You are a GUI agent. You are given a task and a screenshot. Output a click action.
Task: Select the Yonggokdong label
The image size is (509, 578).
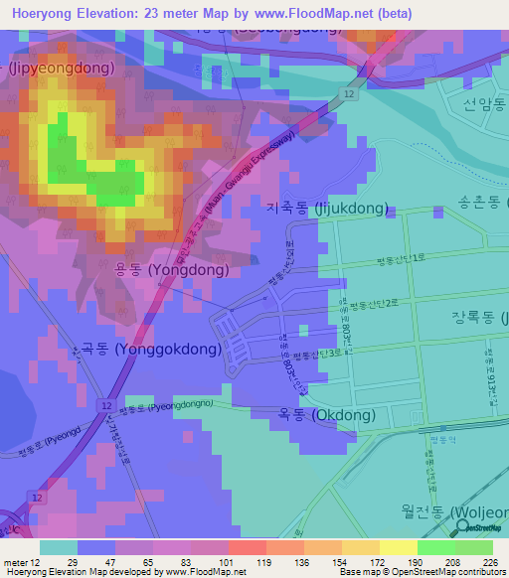pyautogui.click(x=138, y=349)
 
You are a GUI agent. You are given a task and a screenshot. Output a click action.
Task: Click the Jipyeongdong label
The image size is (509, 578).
pyautogui.click(x=60, y=69)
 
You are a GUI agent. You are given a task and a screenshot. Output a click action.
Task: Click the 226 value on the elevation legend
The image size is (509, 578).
pyautogui.click(x=489, y=561)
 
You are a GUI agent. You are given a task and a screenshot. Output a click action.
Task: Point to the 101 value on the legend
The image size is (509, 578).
pyautogui.click(x=209, y=561)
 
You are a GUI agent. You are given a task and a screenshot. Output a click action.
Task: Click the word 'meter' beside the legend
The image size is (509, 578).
pyautogui.click(x=17, y=561)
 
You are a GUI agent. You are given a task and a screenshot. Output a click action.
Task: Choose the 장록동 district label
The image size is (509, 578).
pyautogui.click(x=476, y=319)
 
